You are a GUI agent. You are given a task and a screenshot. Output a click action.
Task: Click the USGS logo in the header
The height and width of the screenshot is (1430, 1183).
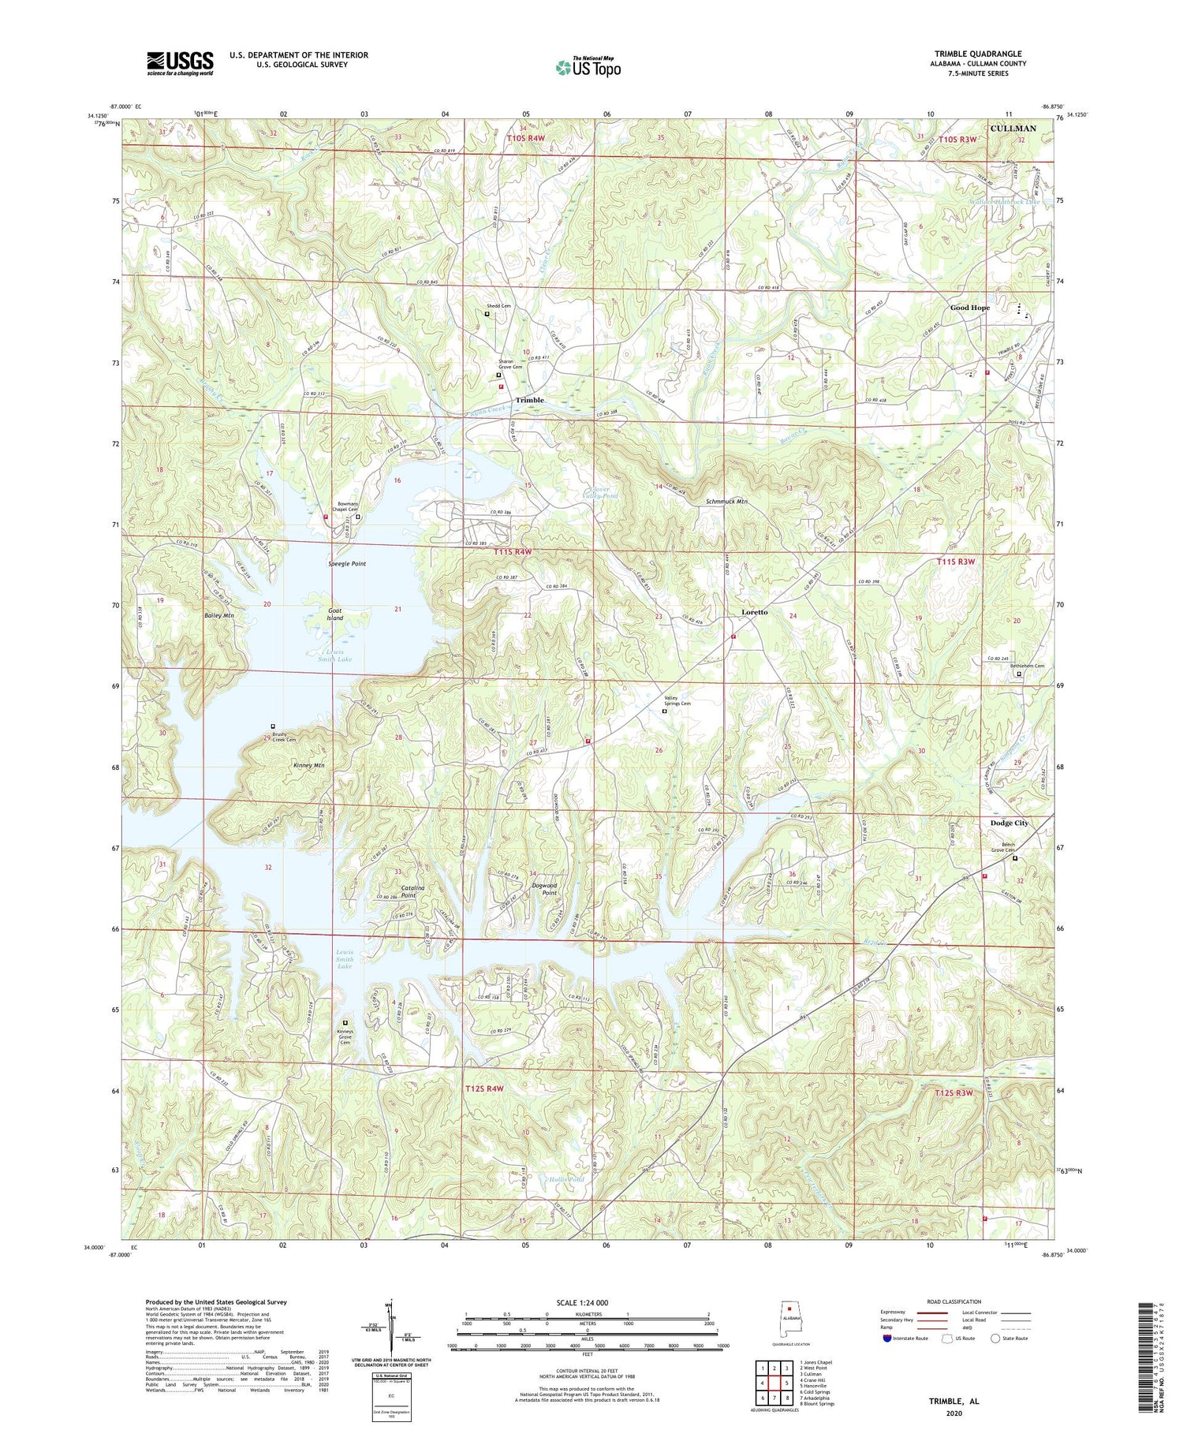pos(180,63)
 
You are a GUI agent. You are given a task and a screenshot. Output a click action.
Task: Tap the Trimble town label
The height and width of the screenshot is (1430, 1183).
pos(529,400)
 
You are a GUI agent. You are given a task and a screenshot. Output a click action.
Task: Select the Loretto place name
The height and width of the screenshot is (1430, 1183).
pos(754,612)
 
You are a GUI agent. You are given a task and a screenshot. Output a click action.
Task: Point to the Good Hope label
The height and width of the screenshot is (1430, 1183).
pos(969,308)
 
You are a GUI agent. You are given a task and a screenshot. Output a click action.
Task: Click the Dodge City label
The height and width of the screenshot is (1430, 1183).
pos(1009,823)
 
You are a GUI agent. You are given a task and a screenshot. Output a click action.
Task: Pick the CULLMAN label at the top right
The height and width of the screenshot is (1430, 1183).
pos(1013,128)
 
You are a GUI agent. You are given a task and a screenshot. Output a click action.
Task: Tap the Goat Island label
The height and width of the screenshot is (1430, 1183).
pos(335,614)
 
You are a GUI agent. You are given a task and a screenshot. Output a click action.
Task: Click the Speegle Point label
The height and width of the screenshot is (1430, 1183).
pos(347,564)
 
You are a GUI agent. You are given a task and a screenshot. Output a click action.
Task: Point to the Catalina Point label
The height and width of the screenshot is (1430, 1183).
pos(409,891)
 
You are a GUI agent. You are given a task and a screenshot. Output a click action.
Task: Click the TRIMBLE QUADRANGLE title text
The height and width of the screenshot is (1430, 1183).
pos(978,54)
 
